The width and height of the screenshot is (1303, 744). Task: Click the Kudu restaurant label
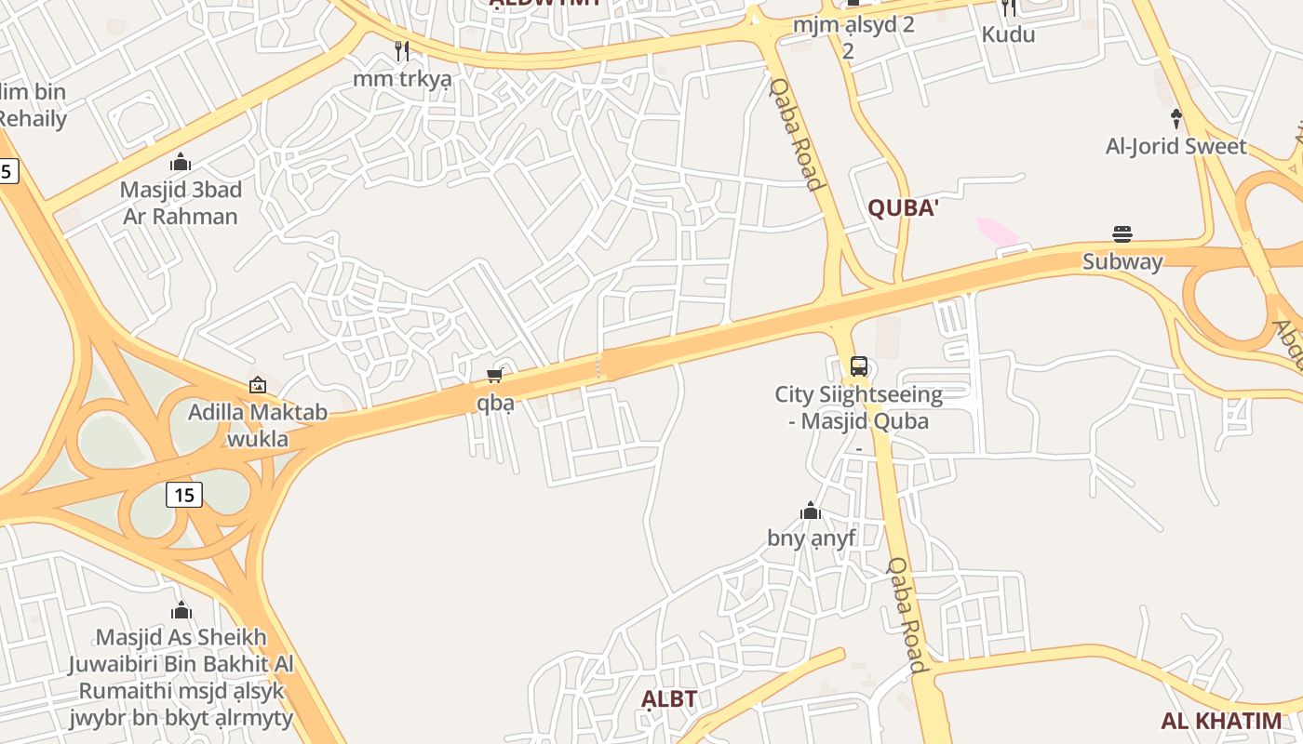[x=1008, y=34]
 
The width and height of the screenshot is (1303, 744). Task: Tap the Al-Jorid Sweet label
[x=1175, y=146]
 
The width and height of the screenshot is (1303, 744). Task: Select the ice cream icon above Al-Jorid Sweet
[x=1176, y=118]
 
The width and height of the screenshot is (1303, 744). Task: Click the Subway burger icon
[x=1122, y=233]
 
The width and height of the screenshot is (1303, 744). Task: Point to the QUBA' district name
[x=902, y=208]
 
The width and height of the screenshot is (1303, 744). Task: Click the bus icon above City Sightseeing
[x=859, y=365]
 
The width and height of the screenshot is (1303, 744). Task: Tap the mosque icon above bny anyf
[x=811, y=511]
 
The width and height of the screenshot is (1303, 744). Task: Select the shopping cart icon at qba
[x=495, y=375]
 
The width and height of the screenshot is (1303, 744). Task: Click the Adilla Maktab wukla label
[x=258, y=425]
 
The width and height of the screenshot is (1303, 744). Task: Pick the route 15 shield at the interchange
[x=184, y=495]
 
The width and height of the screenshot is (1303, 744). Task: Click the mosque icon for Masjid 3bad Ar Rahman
[x=181, y=162]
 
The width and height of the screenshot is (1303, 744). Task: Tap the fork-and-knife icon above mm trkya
[x=402, y=50]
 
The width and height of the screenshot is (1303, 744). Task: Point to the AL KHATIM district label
[x=1221, y=721]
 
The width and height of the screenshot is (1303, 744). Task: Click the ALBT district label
[x=669, y=699]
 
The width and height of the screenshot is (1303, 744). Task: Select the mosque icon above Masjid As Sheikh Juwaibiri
[x=181, y=610]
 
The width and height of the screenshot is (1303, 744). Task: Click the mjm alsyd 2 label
[x=853, y=25]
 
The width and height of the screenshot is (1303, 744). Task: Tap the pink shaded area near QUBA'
[x=997, y=232]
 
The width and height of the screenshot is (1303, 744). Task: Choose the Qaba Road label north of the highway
[x=798, y=133]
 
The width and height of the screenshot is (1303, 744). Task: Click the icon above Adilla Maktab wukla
[x=258, y=385]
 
